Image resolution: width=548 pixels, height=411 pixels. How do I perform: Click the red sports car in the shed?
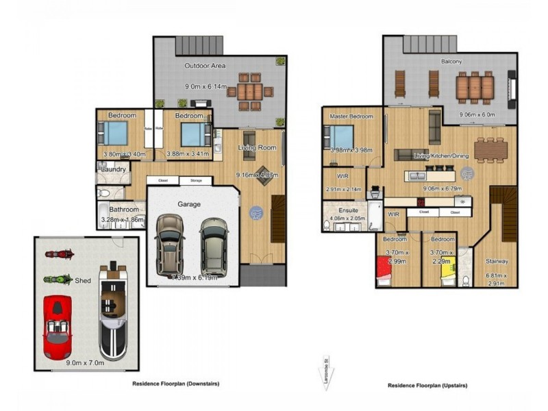point(58,327)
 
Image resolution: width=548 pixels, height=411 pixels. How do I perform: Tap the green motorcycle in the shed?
point(58,279)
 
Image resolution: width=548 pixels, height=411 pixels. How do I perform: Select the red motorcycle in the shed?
point(59,254)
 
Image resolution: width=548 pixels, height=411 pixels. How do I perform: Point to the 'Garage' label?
point(190,204)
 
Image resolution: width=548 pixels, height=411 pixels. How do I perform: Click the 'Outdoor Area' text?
point(206,66)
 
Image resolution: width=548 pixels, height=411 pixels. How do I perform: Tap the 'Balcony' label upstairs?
point(451,62)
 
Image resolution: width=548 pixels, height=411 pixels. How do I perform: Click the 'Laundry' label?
point(111,169)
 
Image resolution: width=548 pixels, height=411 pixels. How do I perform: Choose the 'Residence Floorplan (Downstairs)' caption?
point(176,384)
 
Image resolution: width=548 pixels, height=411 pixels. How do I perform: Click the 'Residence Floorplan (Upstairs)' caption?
point(427,386)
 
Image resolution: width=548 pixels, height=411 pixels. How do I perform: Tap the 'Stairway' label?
point(497,261)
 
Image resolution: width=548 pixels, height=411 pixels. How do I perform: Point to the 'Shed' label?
point(84,280)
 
